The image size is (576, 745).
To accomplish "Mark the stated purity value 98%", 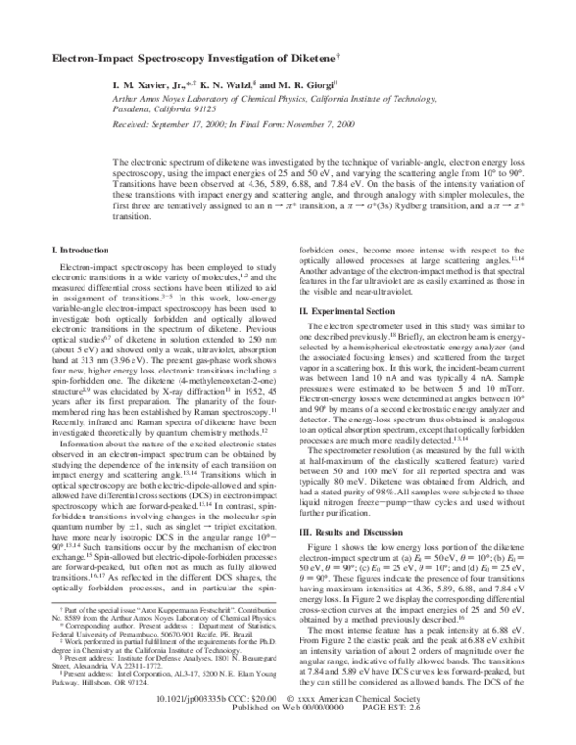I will [392, 495].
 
